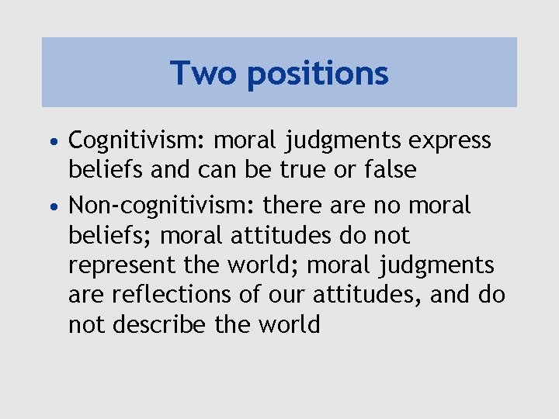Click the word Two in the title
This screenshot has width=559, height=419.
pyautogui.click(x=200, y=74)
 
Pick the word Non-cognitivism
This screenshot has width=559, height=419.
pyautogui.click(x=162, y=206)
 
